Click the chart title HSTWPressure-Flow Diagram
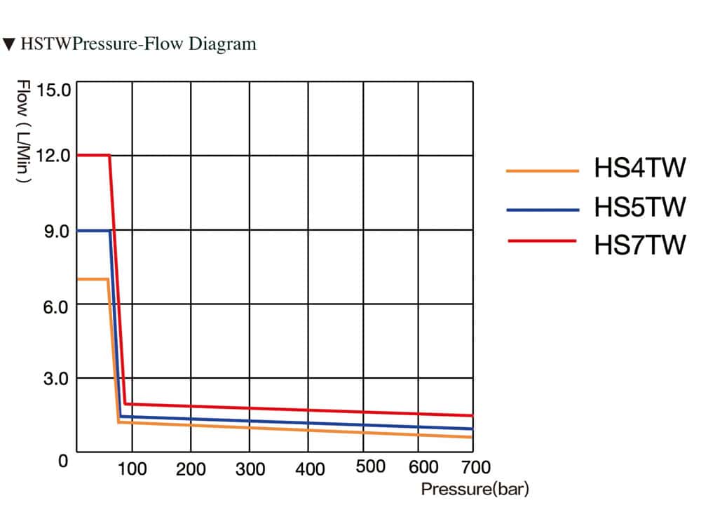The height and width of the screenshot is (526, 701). (138, 44)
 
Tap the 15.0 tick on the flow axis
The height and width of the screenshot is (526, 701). (54, 90)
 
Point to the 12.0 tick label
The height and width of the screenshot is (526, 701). (53, 155)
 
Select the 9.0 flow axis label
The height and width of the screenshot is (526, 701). (57, 231)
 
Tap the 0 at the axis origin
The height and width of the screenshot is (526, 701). (63, 462)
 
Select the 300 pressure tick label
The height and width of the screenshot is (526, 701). (250, 468)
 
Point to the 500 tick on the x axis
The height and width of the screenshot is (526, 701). (370, 467)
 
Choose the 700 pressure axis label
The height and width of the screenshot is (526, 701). (476, 467)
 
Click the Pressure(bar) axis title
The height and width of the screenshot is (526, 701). (475, 489)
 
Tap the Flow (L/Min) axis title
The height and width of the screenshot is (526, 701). (23, 132)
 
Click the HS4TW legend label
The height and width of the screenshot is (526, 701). (639, 170)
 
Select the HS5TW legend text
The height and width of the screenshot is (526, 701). (639, 208)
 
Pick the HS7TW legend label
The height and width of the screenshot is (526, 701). (639, 245)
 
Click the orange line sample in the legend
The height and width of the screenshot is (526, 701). (542, 170)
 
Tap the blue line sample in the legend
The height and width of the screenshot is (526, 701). (542, 208)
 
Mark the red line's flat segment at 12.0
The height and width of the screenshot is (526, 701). (93, 155)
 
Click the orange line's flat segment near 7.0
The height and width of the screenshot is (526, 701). (92, 279)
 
